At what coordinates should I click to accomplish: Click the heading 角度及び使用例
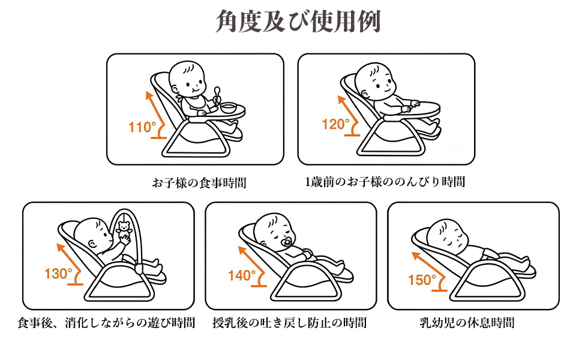click(x=298, y=21)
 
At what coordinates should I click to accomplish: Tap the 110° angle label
click(x=142, y=127)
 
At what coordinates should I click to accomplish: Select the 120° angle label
click(x=335, y=124)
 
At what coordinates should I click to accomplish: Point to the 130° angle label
click(x=58, y=274)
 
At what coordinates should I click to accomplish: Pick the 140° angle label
click(x=242, y=275)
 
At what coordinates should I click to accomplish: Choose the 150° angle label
click(x=422, y=280)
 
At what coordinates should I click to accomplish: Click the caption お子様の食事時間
click(x=199, y=182)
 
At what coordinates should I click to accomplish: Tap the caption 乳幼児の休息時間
click(x=467, y=322)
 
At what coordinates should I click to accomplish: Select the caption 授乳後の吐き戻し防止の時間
click(x=290, y=322)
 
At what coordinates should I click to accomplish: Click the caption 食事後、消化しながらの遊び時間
click(x=106, y=322)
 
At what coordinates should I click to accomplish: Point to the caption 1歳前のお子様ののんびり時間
click(x=385, y=182)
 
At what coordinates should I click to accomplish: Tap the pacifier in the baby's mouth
click(x=287, y=243)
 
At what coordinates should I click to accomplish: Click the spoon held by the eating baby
click(x=217, y=94)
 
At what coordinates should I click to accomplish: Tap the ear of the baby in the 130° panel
click(x=92, y=244)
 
